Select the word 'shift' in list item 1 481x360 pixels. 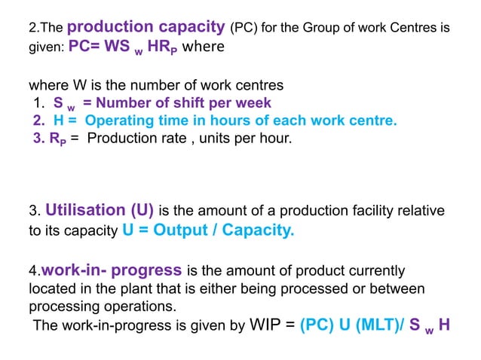pos(192,102)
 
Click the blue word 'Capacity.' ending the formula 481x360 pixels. pos(261,230)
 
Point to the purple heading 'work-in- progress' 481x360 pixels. pos(112,269)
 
